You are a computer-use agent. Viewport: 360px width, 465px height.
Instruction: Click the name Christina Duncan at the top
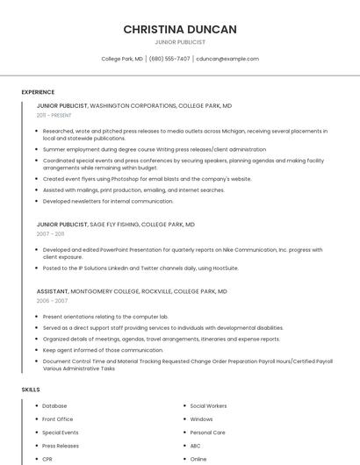(x=179, y=29)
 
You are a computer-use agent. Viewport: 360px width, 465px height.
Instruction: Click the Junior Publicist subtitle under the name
(x=179, y=42)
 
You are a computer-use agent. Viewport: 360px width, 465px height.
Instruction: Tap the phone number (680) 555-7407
(x=169, y=59)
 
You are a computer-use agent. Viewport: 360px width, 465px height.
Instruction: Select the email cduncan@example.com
(x=227, y=59)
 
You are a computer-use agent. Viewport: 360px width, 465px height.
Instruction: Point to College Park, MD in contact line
(x=122, y=59)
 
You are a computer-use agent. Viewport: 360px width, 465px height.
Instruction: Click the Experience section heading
(x=38, y=92)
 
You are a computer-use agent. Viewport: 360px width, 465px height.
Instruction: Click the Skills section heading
(x=31, y=389)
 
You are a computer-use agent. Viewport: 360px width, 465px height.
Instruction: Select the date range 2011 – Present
(x=54, y=115)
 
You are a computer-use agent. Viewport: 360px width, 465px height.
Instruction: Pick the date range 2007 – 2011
(x=50, y=234)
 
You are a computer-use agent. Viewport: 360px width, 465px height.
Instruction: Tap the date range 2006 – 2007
(x=52, y=301)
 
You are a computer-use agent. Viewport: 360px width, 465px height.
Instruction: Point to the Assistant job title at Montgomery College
(x=52, y=291)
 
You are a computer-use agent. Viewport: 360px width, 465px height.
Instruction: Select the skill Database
(x=54, y=406)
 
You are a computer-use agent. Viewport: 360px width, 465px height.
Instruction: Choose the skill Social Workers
(x=208, y=406)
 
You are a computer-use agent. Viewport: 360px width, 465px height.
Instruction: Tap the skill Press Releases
(x=61, y=446)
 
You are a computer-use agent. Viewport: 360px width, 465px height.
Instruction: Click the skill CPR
(x=47, y=459)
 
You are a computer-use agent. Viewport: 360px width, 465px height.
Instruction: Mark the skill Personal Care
(x=207, y=433)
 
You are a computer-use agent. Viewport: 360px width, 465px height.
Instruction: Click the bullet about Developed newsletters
(x=108, y=201)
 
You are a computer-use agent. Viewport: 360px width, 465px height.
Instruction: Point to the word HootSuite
(x=224, y=268)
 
